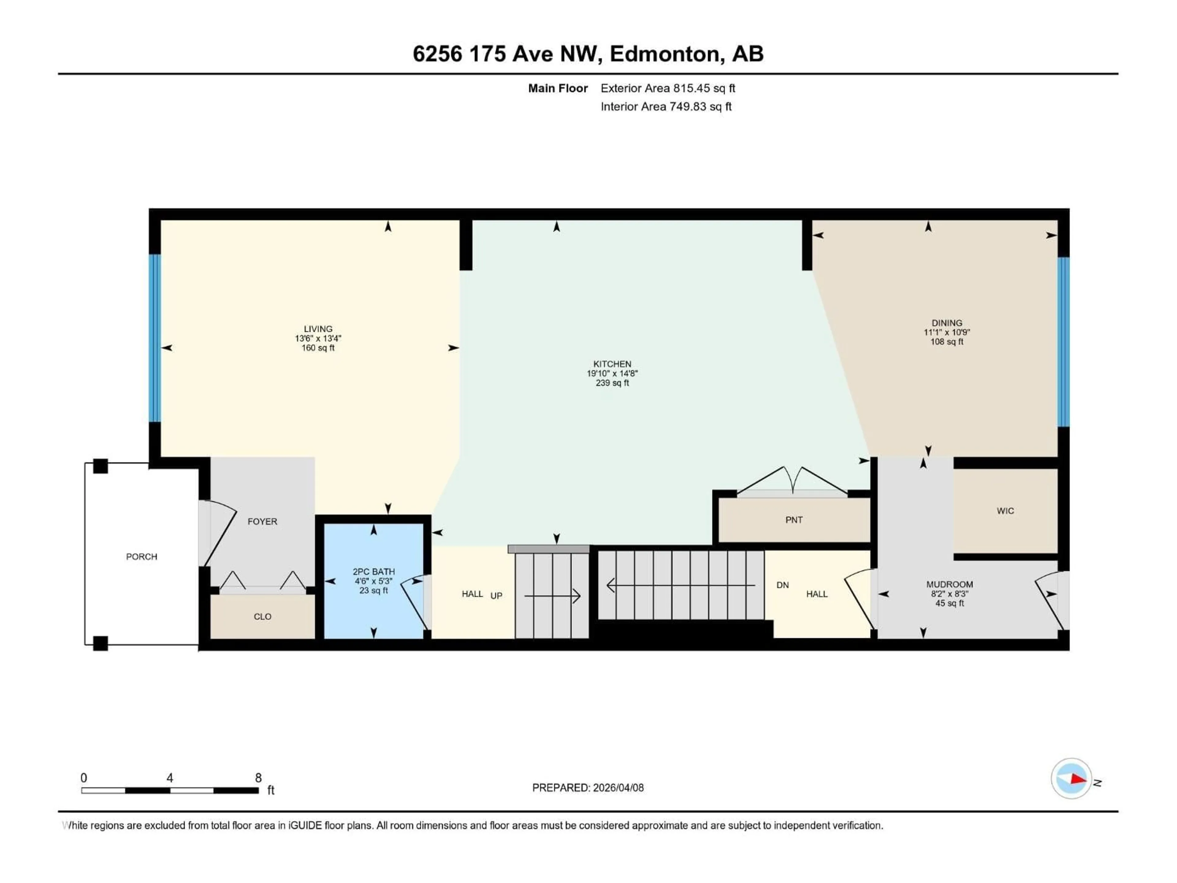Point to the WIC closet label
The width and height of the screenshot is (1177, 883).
pos(1005,511)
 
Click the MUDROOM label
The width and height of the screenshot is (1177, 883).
pos(949,584)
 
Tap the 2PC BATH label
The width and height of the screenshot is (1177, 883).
pos(374,571)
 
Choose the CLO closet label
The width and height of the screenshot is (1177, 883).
pos(262,617)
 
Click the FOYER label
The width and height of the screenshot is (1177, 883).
pos(262,522)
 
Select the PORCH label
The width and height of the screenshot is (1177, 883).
pos(142,557)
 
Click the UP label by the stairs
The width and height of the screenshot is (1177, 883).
pos(496,596)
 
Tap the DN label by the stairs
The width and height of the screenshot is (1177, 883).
pos(782,585)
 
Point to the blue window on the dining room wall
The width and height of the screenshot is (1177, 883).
pos(1063,342)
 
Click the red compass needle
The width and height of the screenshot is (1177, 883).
pos(1078,779)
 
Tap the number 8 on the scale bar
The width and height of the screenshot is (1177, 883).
pos(258,778)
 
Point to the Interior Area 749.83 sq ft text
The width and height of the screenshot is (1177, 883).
pos(666,106)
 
